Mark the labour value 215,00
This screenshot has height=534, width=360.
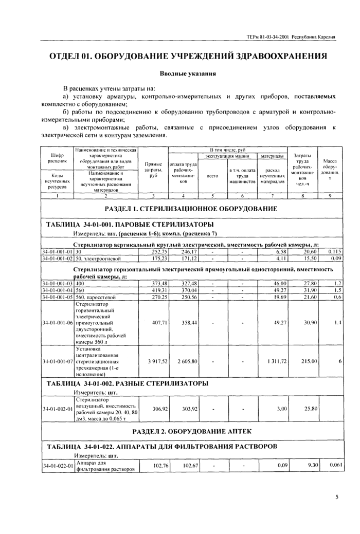309,362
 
